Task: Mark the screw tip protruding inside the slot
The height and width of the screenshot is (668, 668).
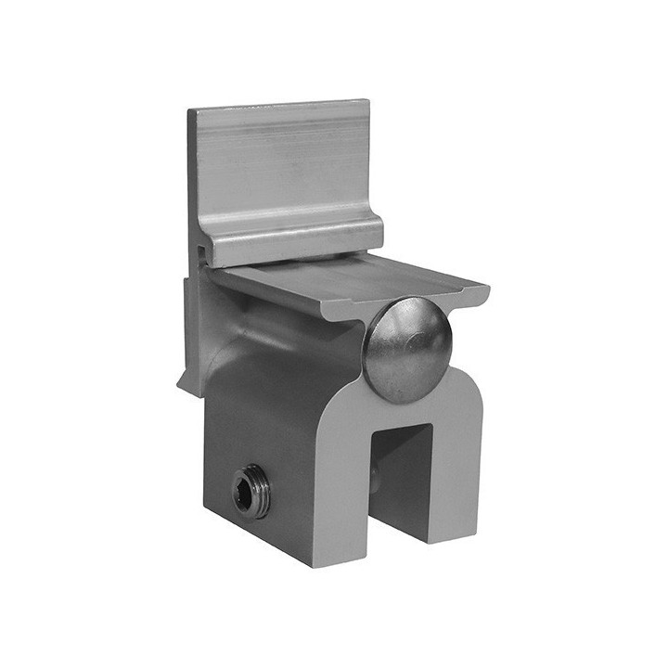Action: (376, 477)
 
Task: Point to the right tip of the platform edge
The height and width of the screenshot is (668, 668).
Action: (484, 291)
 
